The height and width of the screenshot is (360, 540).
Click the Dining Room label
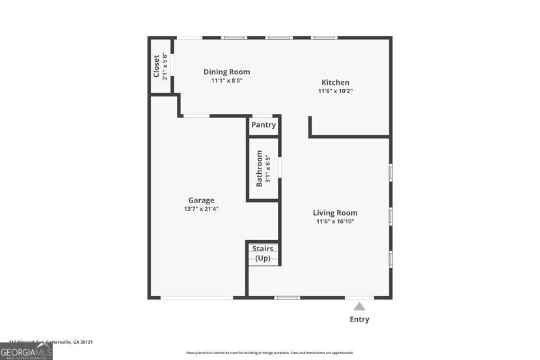(226, 72)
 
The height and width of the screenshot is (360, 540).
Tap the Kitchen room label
(335, 83)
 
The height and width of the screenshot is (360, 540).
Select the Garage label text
(201, 201)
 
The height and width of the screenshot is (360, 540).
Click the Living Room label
(335, 213)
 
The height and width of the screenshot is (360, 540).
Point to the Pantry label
(263, 125)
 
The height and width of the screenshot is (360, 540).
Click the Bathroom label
(259, 169)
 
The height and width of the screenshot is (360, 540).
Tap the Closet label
(157, 66)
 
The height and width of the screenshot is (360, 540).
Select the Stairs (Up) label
(263, 253)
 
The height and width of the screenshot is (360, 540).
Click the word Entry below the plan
(359, 319)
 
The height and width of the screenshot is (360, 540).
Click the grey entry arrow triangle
(359, 305)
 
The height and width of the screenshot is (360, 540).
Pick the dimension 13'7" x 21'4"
(201, 209)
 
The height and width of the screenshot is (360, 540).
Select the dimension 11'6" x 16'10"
(335, 221)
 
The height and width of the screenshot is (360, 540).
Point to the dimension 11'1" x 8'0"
(226, 81)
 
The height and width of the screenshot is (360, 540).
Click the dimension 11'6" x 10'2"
(335, 91)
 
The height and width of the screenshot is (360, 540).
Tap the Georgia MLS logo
(26, 352)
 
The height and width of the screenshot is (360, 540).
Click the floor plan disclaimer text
(270, 353)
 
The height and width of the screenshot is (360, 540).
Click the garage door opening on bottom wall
(196, 298)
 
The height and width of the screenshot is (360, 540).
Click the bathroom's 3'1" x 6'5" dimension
(267, 169)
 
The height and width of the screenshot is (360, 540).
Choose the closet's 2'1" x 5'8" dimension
(165, 66)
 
